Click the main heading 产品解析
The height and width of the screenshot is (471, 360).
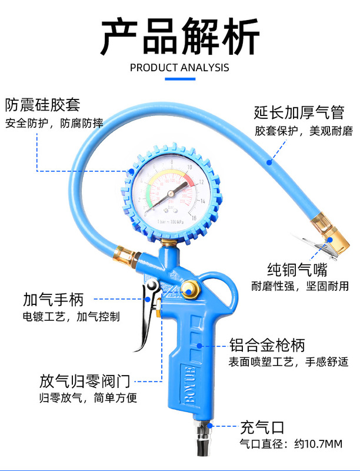(x=179, y=37)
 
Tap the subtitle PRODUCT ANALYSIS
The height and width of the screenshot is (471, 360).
(x=179, y=67)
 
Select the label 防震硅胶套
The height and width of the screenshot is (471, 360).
(x=42, y=105)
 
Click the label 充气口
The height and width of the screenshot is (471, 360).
(x=262, y=426)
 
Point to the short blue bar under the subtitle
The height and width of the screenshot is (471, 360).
(x=179, y=78)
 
